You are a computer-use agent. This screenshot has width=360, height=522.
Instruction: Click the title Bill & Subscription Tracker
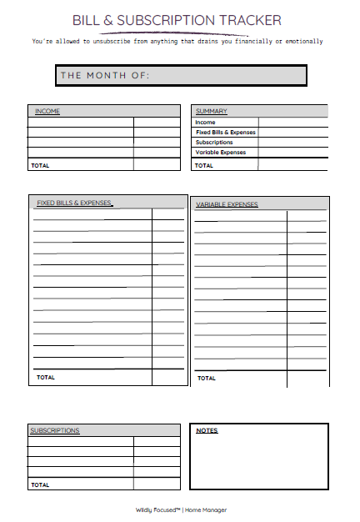point(177,20)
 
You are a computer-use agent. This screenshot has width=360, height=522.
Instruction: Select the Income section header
point(47,111)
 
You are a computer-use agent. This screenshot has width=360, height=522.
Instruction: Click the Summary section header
point(212,111)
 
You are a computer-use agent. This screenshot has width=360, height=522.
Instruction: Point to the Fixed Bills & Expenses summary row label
point(225,133)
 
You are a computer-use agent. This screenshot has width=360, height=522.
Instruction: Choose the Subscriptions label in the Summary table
point(214,143)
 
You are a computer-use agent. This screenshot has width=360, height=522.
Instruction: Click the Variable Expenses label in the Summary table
point(221,153)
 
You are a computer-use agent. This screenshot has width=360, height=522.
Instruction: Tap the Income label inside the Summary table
point(205,123)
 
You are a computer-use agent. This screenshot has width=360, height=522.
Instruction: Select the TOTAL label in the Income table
point(40,165)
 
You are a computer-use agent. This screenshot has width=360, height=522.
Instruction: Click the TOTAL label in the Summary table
point(204,165)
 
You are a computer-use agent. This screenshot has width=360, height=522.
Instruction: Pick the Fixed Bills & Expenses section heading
point(74,203)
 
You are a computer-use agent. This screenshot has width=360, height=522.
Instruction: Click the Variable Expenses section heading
point(227,204)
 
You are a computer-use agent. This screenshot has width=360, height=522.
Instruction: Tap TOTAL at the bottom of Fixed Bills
point(46,377)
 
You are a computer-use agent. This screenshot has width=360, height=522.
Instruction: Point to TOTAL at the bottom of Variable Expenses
point(207,378)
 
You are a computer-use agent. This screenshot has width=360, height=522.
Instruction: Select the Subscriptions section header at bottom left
point(55,430)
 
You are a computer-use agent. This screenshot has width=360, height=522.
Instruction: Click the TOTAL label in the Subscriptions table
point(40,484)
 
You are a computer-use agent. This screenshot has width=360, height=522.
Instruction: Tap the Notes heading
point(207,430)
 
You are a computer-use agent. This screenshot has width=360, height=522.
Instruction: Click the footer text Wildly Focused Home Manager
point(181,509)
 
